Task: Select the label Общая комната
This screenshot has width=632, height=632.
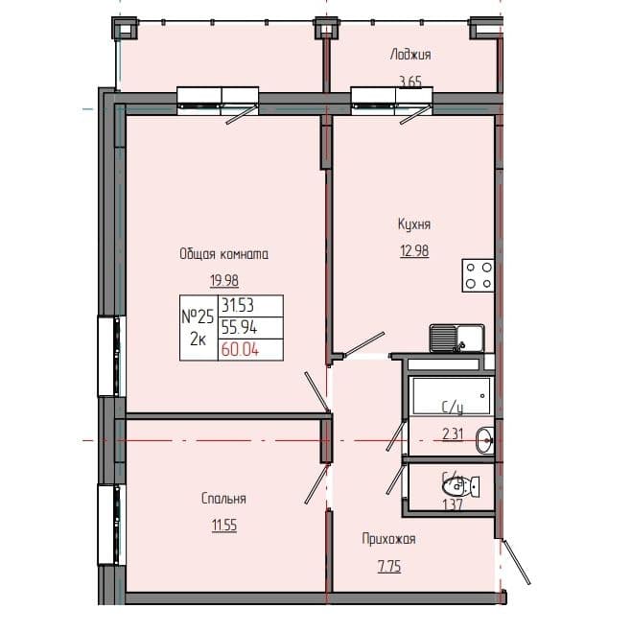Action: (x=223, y=254)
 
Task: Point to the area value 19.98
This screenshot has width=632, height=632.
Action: (x=223, y=280)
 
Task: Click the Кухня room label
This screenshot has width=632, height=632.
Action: (x=414, y=224)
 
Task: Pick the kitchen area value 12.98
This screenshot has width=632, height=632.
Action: (x=414, y=250)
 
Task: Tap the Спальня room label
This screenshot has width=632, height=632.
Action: (x=223, y=499)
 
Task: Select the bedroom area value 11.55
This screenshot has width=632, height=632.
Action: (x=223, y=525)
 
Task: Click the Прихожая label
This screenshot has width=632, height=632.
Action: (x=387, y=539)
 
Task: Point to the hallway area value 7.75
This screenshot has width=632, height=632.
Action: (x=387, y=567)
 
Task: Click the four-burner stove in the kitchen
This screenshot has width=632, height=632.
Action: (x=479, y=276)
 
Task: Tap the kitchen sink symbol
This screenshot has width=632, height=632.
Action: (x=456, y=338)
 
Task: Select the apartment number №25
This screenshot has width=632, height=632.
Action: (x=197, y=316)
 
